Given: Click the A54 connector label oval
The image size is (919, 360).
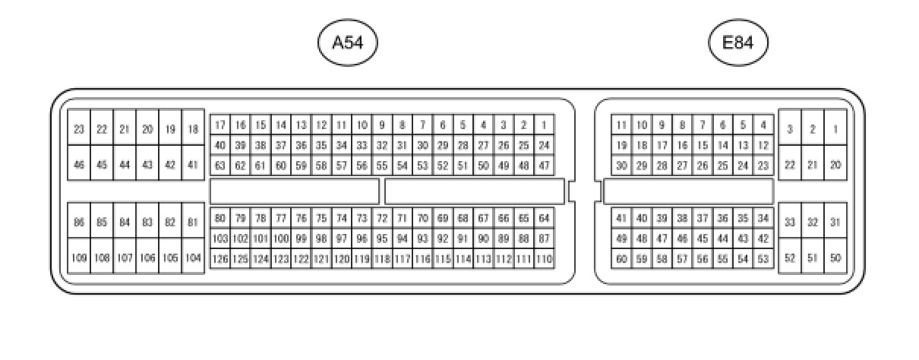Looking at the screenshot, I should pos(347,43).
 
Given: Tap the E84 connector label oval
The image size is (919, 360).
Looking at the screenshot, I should pos(737,43).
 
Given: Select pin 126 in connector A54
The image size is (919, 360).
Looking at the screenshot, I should pos(219,259).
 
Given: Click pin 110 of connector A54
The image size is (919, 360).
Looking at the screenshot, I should pos(544,259).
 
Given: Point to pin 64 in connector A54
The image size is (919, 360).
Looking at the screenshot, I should pos(544,219).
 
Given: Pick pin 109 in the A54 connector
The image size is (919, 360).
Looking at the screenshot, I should pos(79,257).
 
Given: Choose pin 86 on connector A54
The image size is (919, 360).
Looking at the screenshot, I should pos(79,223).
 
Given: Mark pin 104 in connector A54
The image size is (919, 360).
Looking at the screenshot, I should pos(193,257).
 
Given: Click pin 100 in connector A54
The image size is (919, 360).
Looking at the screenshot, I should pos(281,238).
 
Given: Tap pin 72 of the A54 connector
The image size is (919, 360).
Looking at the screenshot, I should pos(382,219).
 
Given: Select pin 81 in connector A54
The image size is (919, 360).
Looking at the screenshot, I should pos(193,223).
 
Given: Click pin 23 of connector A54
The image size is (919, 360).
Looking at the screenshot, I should pos(79,130).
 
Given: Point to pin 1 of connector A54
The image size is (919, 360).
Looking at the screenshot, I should pos(544,125).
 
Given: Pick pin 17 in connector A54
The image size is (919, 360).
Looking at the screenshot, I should pos(219,125).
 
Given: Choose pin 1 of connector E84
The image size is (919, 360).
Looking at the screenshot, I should pos(835,130).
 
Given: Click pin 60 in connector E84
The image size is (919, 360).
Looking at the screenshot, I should pos(621,259).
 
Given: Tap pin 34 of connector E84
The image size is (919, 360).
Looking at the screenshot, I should pos(763,219).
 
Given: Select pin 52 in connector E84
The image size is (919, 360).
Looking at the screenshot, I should pos(790,257).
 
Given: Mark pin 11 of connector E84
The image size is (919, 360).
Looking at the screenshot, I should pos(621,125).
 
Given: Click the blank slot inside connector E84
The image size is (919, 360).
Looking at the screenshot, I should pos(688,191).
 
